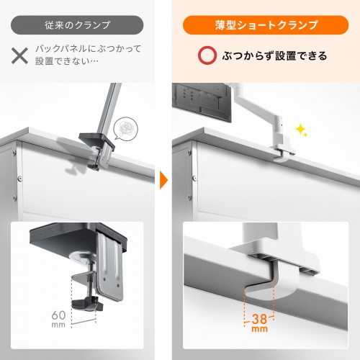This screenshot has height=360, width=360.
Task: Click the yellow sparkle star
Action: pos(301,130)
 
